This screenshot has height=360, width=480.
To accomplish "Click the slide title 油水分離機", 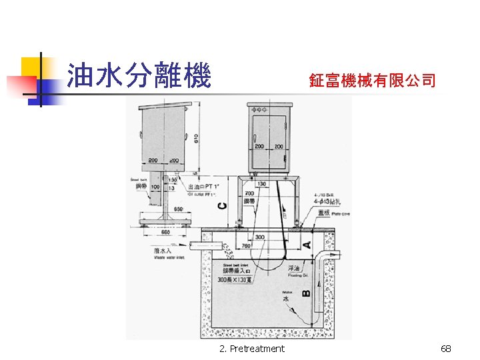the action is (139, 77).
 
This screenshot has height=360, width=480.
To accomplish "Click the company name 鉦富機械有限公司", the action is (372, 81).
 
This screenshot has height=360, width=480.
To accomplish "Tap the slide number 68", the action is (446, 349).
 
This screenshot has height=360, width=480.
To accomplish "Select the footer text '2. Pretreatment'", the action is (251, 349).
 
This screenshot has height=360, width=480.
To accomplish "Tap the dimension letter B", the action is (306, 291).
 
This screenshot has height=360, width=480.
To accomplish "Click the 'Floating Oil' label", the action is (298, 273).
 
